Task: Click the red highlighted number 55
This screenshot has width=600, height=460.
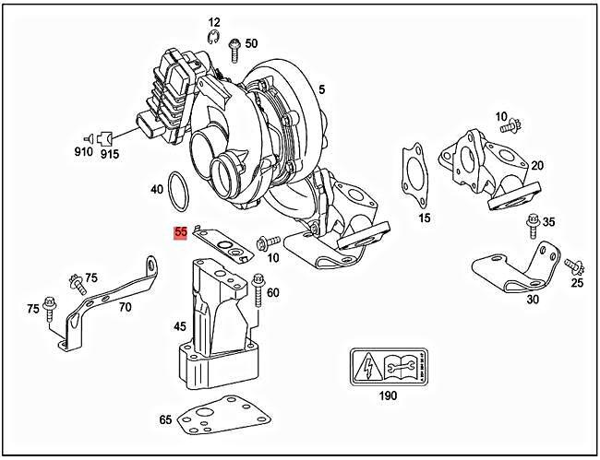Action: [x=180, y=234]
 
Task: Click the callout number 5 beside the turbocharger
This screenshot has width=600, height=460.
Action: [x=321, y=89]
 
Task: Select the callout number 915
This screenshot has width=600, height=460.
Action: [x=110, y=152]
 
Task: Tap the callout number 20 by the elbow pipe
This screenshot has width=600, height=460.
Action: [x=536, y=166]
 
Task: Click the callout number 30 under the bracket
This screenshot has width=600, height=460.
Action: [x=533, y=299]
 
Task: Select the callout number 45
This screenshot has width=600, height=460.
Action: [x=180, y=326]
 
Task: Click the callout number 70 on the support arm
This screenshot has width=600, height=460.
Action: [x=124, y=307]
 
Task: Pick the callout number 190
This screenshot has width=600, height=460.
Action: [x=387, y=396]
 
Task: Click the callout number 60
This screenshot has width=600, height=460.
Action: [x=272, y=292]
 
